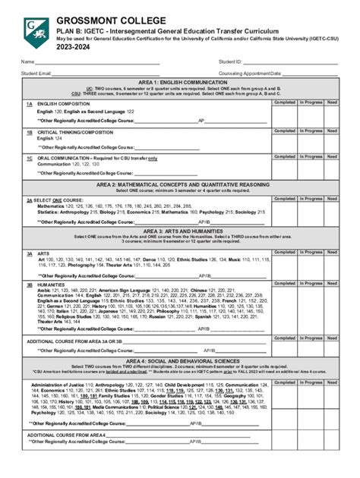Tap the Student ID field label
229,61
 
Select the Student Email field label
36,74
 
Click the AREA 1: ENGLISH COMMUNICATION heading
179,82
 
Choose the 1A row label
29,102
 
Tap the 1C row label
29,158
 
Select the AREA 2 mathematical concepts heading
179,184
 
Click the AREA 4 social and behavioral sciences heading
179,362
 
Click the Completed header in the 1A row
284,102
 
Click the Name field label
27,61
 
